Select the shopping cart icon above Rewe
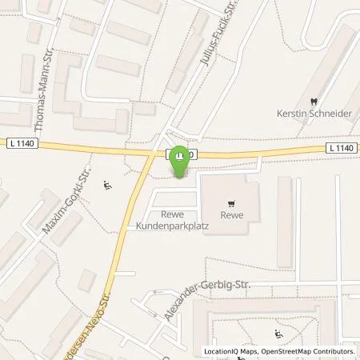pyautogui.click(x=232, y=203)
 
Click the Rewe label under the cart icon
pyautogui.click(x=232, y=215)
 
